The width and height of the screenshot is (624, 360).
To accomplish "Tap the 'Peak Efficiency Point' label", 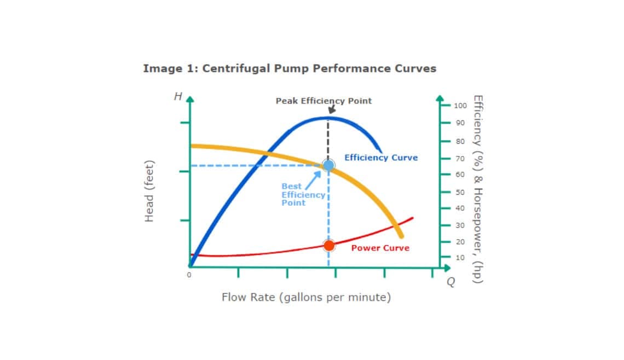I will point(323,101).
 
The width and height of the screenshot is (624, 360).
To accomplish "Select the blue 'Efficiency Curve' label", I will point(380,158).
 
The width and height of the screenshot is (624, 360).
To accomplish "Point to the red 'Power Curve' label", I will point(380,248).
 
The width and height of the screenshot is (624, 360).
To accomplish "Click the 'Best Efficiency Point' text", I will point(303,194).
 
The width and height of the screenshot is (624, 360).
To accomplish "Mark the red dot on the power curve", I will point(328,246).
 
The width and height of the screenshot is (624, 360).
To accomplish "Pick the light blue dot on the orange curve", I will point(328,165).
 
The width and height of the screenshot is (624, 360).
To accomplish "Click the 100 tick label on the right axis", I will point(460,105).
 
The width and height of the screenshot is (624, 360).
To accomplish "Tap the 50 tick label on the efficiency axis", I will point(460,192).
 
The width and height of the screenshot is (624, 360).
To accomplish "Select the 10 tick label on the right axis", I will point(460,257).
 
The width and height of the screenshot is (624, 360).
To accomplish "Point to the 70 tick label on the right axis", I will point(460,159).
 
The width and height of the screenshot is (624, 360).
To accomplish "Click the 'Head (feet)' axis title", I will point(149,191).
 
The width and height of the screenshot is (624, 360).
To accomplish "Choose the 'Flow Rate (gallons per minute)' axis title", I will point(306,298).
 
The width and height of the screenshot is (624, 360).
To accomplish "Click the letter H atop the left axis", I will point(177,97).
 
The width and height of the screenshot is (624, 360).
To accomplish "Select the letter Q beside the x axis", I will point(450,281).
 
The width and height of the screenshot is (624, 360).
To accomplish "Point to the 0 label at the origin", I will point(189,275).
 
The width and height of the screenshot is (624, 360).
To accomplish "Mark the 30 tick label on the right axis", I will point(460,225).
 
